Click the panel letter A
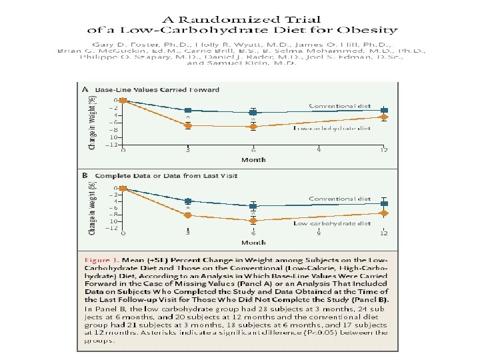click(85, 89)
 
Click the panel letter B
click(85, 175)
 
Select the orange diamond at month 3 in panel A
click(188, 125)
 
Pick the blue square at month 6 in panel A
click(253, 113)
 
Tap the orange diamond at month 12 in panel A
click(383, 117)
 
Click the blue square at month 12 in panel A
click(383, 110)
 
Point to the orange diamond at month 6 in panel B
click(253, 220)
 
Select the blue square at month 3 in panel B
click(188, 201)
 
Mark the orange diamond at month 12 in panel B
click(383, 213)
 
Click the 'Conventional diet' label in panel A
click(339, 105)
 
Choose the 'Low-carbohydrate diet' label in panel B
click(332, 224)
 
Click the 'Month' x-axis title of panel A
click(253, 160)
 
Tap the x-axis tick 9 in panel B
click(318, 234)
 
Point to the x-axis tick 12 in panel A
click(383, 151)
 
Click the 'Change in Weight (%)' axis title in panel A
click(92, 121)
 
